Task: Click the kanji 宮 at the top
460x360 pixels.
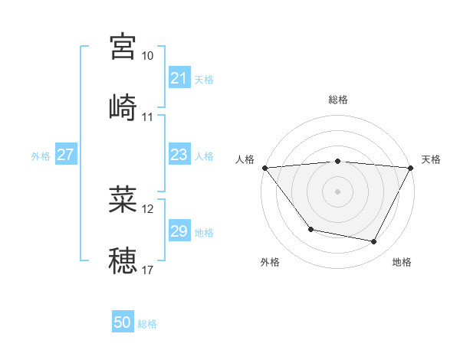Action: [123, 47]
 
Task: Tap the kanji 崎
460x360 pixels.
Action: [123, 107]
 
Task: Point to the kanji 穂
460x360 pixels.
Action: [123, 260]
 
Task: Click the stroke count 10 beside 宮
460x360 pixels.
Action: [148, 56]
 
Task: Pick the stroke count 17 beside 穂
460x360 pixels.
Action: [148, 270]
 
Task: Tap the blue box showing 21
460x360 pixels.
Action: [179, 78]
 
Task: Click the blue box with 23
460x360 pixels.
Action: [179, 155]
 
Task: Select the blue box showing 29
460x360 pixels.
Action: [179, 231]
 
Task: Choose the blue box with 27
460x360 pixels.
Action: [65, 155]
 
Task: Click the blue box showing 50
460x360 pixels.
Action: [123, 322]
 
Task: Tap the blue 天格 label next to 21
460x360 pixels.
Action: [204, 79]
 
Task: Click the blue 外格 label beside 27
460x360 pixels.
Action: [41, 155]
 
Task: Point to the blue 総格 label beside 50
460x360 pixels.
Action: [147, 324]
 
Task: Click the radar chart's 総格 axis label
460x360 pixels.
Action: [337, 100]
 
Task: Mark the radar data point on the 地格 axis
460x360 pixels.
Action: [374, 241]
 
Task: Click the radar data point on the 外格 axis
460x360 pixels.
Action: [310, 229]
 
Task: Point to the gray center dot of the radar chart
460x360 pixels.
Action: [337, 191]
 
